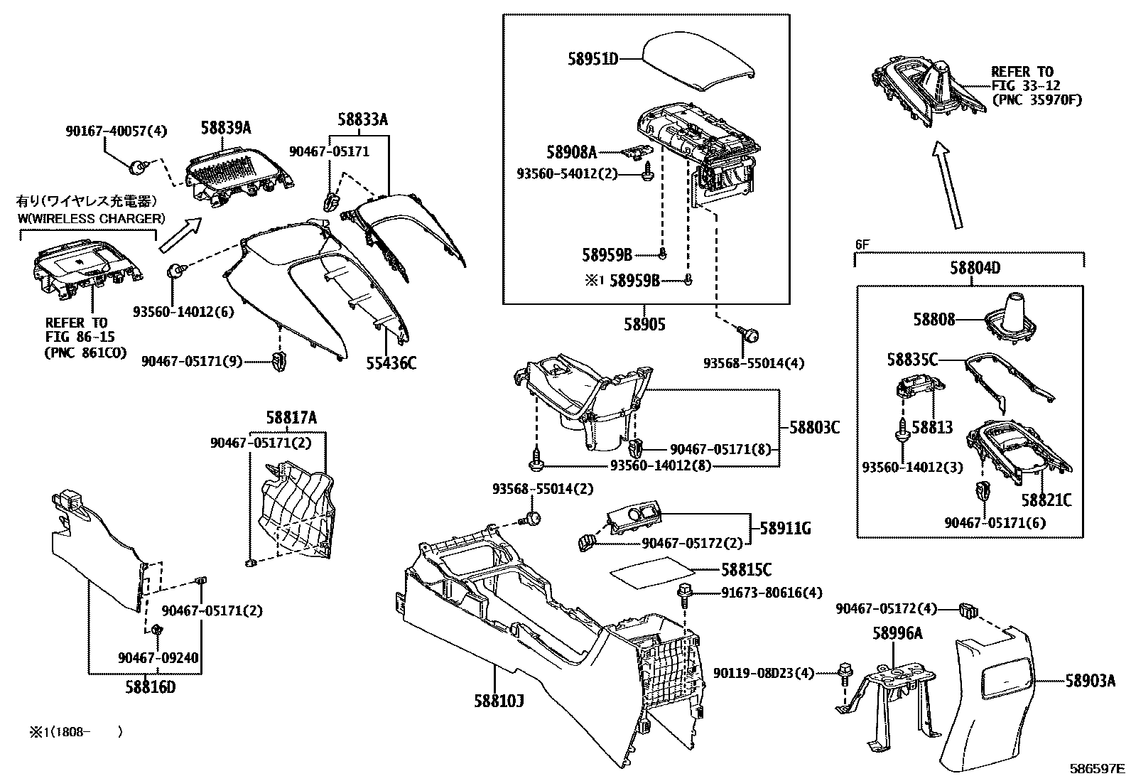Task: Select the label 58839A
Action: (x=225, y=128)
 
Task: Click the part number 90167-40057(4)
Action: (x=116, y=131)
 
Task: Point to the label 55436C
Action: (x=391, y=364)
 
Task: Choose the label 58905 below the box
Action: (x=644, y=325)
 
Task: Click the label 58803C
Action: (x=815, y=428)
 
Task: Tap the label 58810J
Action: (x=499, y=701)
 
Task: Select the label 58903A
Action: (x=1090, y=682)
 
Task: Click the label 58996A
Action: (x=897, y=633)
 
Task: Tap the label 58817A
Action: (x=292, y=417)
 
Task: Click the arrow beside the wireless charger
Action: (x=180, y=236)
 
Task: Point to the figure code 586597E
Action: (x=1098, y=768)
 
